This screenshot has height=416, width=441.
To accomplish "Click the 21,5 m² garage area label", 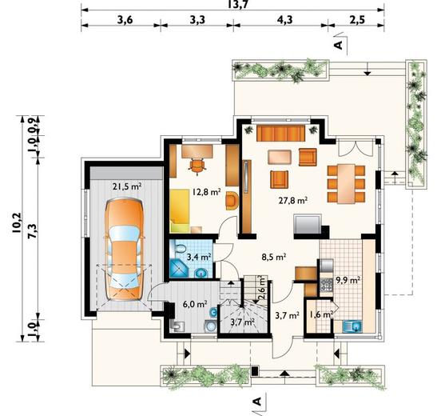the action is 127,186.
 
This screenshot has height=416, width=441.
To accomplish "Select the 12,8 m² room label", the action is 206,192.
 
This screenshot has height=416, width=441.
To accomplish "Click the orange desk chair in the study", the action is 197,166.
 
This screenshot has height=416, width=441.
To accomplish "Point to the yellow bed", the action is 180,210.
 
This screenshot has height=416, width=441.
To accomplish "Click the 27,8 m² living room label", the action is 292,200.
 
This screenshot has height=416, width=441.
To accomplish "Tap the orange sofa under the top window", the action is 280,134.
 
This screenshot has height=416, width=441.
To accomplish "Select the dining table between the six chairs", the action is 346,184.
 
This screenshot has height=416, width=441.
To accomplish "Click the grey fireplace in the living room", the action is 308,224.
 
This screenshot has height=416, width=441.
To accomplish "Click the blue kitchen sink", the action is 352,326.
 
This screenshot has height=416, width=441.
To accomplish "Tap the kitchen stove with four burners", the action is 326,285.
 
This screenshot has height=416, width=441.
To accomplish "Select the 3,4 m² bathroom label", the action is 199,257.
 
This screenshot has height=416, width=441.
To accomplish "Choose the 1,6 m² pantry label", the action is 321,314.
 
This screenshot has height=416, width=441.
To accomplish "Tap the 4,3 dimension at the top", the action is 284,20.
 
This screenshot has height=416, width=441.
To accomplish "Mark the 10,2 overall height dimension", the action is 17,222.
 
